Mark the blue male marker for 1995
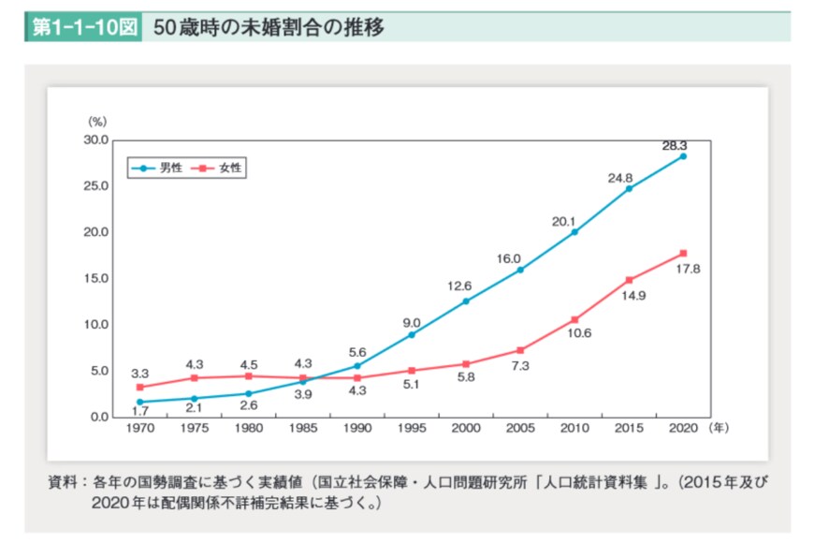pos(412,334)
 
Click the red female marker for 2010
pos(574,319)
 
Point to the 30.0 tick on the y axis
pos(96,139)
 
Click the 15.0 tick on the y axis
pos(96,278)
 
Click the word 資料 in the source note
pos(63,484)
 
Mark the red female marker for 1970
pos(140,387)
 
